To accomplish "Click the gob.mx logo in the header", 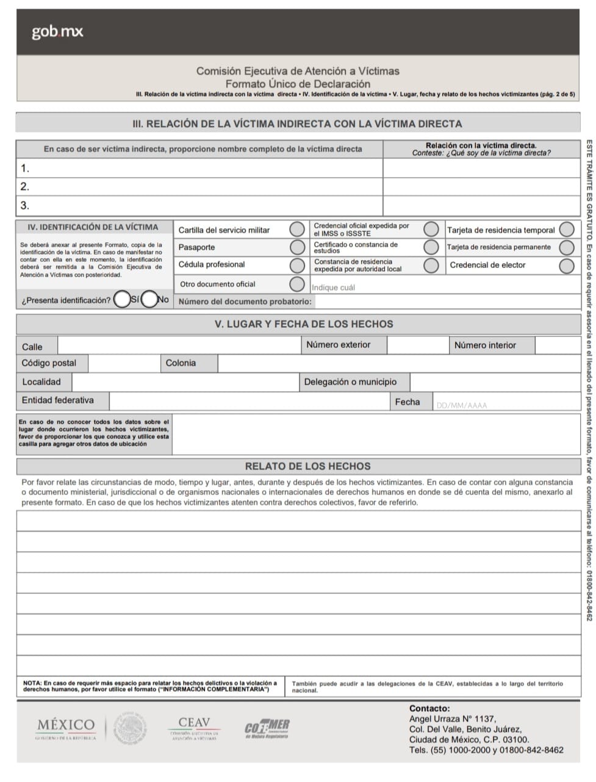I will pyautogui.click(x=57, y=32).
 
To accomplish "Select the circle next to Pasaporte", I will pyautogui.click(x=297, y=247).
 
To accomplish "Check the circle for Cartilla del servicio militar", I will pyautogui.click(x=297, y=230).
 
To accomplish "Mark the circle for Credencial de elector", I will pyautogui.click(x=567, y=266).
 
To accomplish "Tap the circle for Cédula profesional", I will pyautogui.click(x=297, y=265).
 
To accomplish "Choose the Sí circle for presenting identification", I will pyautogui.click(x=122, y=300).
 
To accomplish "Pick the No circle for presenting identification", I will pyautogui.click(x=149, y=300).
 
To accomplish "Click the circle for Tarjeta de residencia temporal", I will pyautogui.click(x=567, y=230).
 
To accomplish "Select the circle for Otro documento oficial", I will pyautogui.click(x=297, y=284).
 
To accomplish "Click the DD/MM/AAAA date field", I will pyautogui.click(x=462, y=405).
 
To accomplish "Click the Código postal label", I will pyautogui.click(x=49, y=363).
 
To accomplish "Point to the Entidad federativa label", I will pyautogui.click(x=58, y=400).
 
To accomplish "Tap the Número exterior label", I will pyautogui.click(x=338, y=345).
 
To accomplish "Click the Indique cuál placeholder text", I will pyautogui.click(x=333, y=288).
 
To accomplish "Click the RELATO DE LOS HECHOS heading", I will pyautogui.click(x=307, y=466).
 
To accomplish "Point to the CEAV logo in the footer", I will pyautogui.click(x=194, y=728).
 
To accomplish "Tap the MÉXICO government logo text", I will pyautogui.click(x=66, y=726).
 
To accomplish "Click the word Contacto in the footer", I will pyautogui.click(x=429, y=709).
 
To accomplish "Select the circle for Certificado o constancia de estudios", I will pyautogui.click(x=431, y=247).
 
